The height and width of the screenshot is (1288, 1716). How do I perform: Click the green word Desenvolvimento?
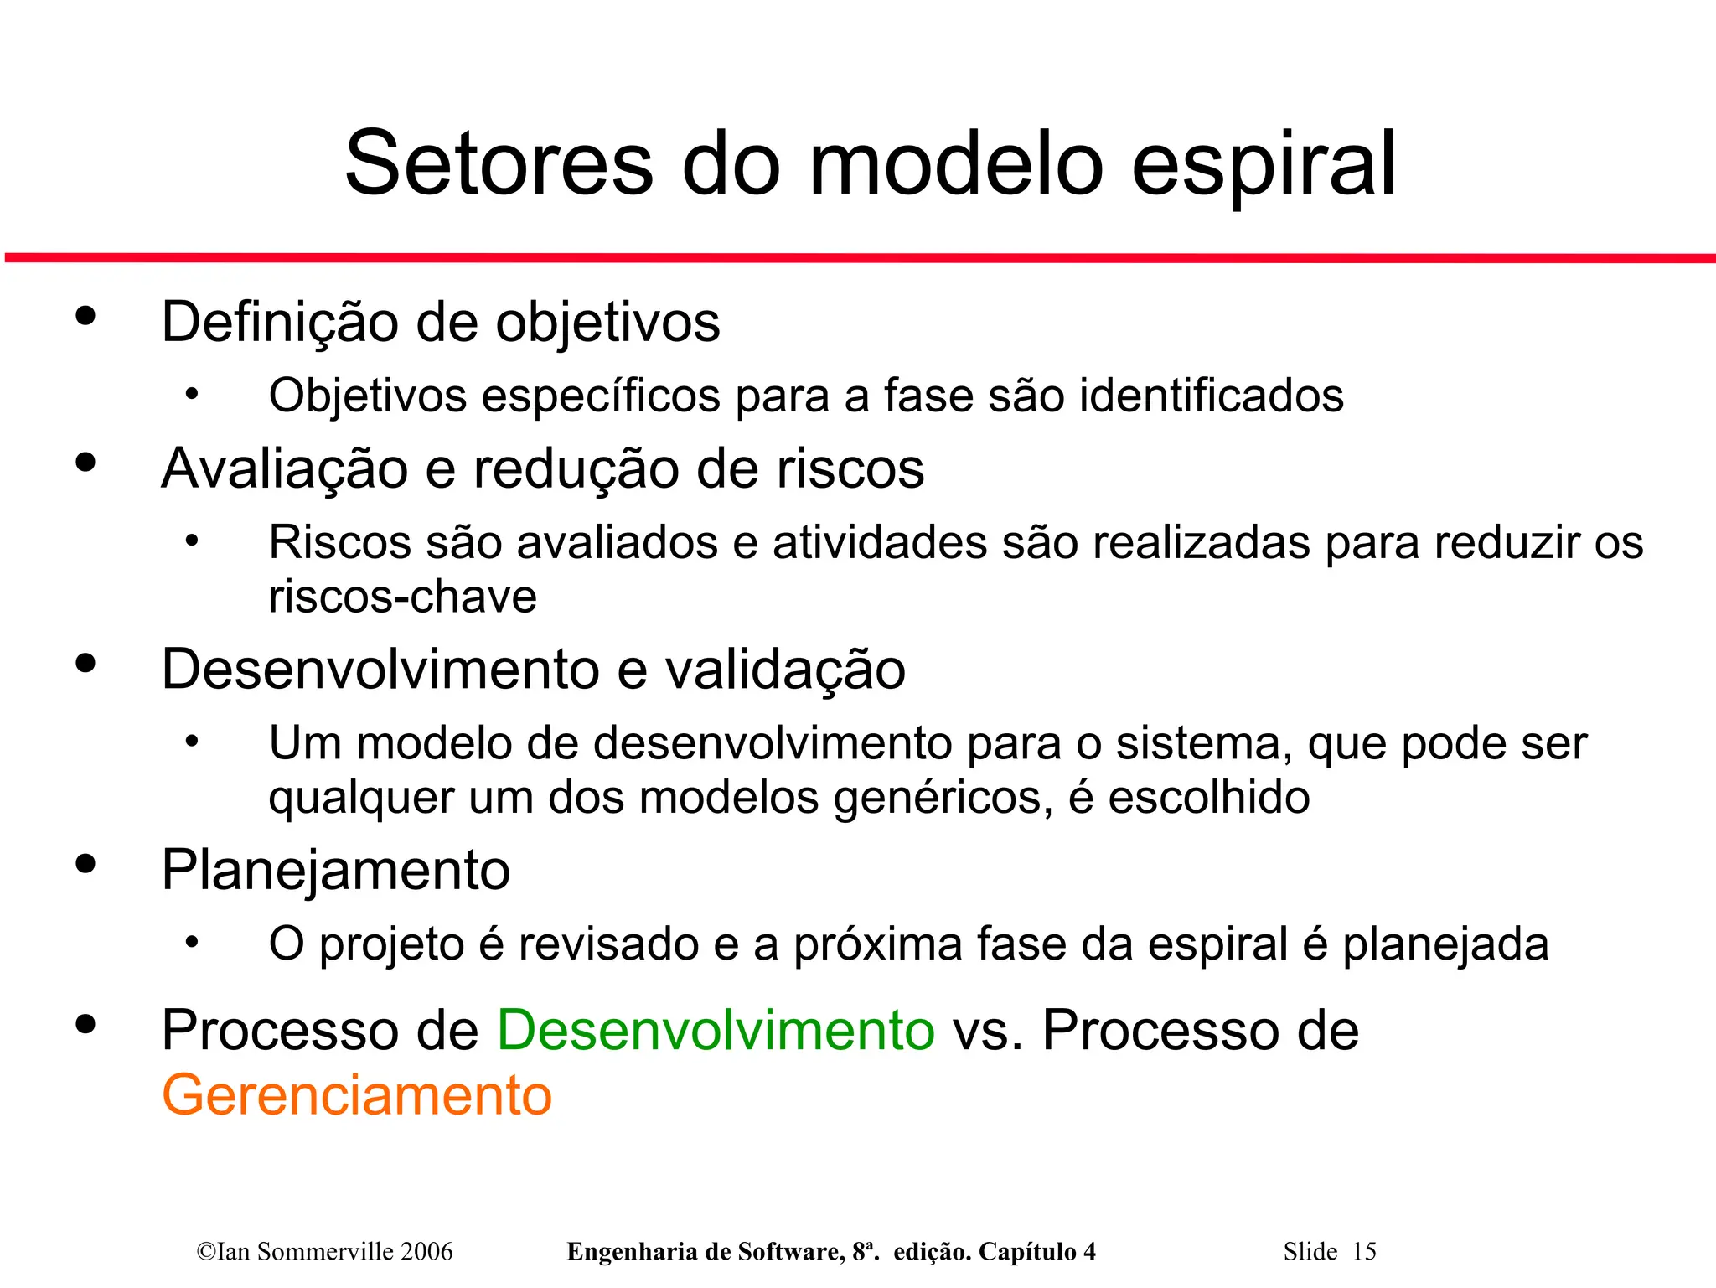pyautogui.click(x=716, y=1030)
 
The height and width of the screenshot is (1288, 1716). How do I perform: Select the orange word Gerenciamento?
pyautogui.click(x=357, y=1095)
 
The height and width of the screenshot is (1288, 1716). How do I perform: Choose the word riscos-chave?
pyautogui.click(x=402, y=597)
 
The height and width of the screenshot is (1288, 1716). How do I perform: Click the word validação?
pyautogui.click(x=785, y=670)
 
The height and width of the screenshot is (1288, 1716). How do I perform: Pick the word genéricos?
pyautogui.click(x=943, y=797)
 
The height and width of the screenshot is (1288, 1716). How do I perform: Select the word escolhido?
pyautogui.click(x=1209, y=797)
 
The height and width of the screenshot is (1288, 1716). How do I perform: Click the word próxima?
pyautogui.click(x=877, y=944)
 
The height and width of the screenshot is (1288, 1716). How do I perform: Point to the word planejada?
pyautogui.click(x=1445, y=944)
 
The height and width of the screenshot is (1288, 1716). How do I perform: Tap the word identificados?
pyautogui.click(x=1212, y=396)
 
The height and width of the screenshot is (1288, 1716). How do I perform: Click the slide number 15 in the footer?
pyautogui.click(x=1364, y=1252)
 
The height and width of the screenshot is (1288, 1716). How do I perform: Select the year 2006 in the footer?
pyautogui.click(x=426, y=1252)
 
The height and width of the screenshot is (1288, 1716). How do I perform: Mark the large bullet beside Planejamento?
pyautogui.click(x=85, y=864)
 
